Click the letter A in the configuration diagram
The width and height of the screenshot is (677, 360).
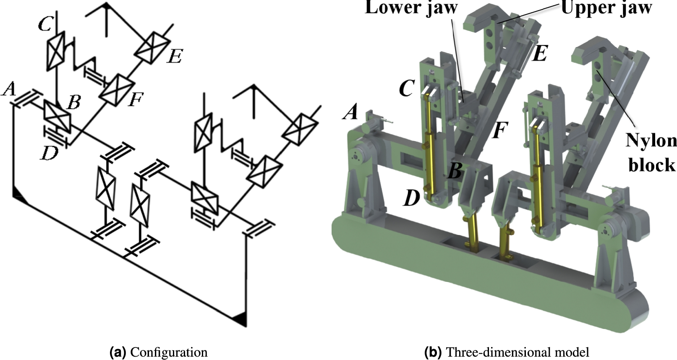pos(9,89)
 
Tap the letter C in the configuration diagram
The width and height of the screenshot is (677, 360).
pos(45,25)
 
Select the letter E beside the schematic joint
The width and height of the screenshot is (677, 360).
pos(175,56)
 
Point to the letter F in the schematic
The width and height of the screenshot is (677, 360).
pos(136,100)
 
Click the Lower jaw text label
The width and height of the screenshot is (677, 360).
pos(411,8)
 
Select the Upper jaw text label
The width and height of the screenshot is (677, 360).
pos(606,8)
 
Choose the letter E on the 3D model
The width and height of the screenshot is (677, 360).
pos(540,54)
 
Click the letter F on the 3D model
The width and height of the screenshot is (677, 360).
pos(499,130)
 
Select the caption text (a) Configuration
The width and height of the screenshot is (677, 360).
pos(158,352)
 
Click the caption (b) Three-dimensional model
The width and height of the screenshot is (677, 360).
pos(507,352)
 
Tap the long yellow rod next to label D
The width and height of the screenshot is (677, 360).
pos(429,155)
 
